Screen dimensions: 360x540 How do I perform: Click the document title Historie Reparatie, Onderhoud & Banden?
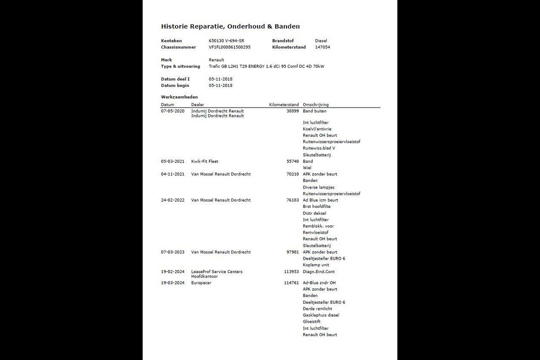(x=230, y=27)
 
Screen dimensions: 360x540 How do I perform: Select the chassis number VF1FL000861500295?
(x=229, y=47)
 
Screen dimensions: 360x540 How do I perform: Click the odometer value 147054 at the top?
(x=323, y=47)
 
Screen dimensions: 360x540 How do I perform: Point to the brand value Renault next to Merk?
(x=216, y=60)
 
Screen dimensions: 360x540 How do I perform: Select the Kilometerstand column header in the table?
(x=284, y=105)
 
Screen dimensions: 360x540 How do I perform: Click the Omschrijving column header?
(x=316, y=105)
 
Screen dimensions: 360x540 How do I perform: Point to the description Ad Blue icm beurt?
(x=320, y=200)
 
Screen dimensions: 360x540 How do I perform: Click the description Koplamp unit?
(x=316, y=265)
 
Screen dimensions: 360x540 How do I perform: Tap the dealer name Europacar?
(x=201, y=283)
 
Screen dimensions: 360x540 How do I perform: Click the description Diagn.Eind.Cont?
(x=319, y=272)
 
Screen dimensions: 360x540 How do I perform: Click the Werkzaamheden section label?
(x=179, y=97)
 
